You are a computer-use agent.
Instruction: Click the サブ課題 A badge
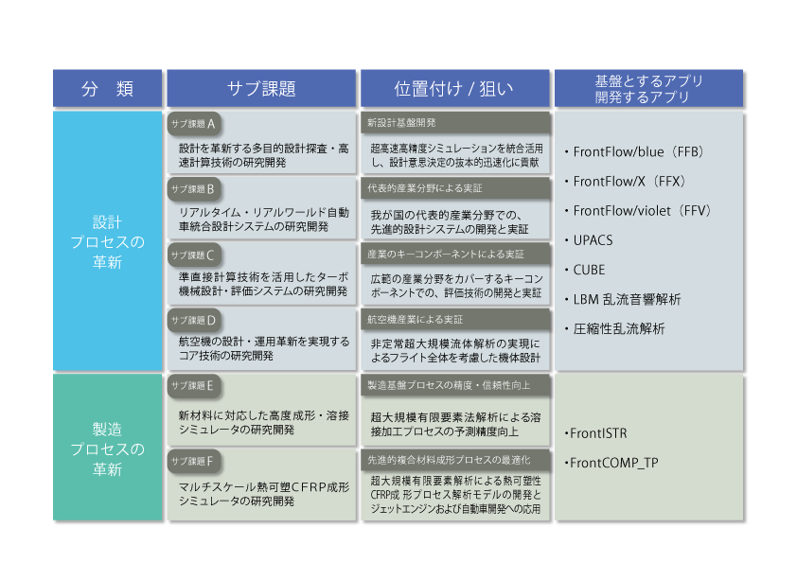click(x=194, y=124)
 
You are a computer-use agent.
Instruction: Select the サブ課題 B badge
click(x=194, y=189)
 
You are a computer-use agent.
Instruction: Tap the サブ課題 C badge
click(x=194, y=255)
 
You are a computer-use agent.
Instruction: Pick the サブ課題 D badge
click(x=194, y=321)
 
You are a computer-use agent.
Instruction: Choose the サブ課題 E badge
click(x=194, y=386)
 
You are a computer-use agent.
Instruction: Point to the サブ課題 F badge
click(x=194, y=462)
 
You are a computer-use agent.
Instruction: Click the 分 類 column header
click(x=107, y=88)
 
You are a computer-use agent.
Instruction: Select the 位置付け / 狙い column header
click(x=455, y=88)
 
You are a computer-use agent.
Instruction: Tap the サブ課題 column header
click(x=261, y=88)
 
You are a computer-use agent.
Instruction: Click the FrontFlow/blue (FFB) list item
click(x=634, y=152)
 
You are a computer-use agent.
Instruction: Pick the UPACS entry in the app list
click(x=589, y=240)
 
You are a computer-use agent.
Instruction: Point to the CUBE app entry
click(x=585, y=270)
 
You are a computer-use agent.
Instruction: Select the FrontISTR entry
click(x=595, y=433)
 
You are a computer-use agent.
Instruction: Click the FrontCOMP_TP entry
click(x=611, y=463)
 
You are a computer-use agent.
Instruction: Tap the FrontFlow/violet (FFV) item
click(x=638, y=211)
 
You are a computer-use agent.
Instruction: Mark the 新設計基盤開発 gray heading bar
click(x=455, y=123)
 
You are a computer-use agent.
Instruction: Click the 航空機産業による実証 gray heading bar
click(x=455, y=320)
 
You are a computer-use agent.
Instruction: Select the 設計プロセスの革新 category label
click(x=107, y=242)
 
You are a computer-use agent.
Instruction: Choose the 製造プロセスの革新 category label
click(x=107, y=449)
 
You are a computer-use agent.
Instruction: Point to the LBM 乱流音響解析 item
click(x=623, y=299)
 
